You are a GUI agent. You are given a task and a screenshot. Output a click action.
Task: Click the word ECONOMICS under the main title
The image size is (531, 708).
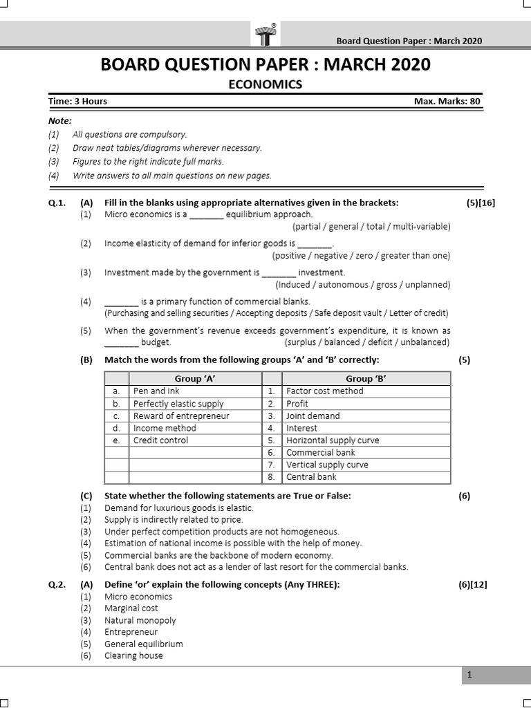click(x=265, y=84)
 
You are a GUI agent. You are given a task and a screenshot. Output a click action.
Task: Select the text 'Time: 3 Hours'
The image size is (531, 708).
click(x=77, y=101)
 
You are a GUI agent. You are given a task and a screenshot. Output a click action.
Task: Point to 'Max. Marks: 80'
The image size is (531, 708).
click(x=447, y=101)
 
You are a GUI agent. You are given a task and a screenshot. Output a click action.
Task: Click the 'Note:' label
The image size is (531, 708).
click(x=60, y=120)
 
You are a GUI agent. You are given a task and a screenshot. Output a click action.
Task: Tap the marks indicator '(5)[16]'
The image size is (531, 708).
click(x=481, y=203)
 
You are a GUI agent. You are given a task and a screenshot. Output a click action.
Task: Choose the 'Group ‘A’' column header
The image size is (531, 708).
click(x=183, y=378)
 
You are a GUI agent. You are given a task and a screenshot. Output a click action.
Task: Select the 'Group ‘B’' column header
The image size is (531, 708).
click(x=368, y=378)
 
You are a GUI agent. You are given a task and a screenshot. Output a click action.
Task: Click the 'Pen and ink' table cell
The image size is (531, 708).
click(x=156, y=391)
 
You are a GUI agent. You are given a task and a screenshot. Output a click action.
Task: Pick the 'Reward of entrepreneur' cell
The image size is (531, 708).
click(x=181, y=416)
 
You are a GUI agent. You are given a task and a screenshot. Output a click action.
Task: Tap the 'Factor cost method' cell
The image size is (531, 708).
click(x=324, y=391)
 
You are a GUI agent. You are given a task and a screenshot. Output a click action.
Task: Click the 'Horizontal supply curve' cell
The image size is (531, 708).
click(x=333, y=440)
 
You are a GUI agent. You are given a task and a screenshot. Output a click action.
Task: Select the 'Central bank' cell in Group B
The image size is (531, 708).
click(x=311, y=477)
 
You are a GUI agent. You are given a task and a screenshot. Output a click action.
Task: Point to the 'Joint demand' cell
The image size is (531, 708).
click(x=313, y=416)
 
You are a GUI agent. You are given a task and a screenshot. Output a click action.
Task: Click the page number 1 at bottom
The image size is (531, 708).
click(x=469, y=676)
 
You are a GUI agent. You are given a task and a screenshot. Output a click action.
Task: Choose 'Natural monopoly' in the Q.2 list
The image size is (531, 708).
click(x=140, y=620)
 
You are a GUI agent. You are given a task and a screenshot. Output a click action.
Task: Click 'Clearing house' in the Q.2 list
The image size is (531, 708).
click(x=133, y=655)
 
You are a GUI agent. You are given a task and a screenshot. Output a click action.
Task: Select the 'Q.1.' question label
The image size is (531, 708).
click(x=57, y=203)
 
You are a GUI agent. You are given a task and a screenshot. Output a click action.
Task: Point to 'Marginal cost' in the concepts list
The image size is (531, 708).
click(x=131, y=608)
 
